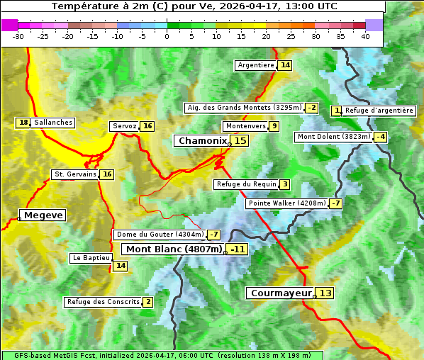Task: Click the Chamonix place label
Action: pyautogui.click(x=202, y=141)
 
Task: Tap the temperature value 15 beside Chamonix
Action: pyautogui.click(x=240, y=141)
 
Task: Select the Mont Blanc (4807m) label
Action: pyautogui.click(x=174, y=249)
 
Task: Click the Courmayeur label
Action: pyautogui.click(x=281, y=293)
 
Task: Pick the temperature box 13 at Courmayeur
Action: pyautogui.click(x=325, y=293)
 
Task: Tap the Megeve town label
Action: pyautogui.click(x=43, y=215)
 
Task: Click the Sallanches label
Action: pyautogui.click(x=53, y=123)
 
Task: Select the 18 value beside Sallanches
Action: pyautogui.click(x=23, y=123)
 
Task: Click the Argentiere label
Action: pyautogui.click(x=256, y=65)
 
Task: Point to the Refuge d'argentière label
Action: pyautogui.click(x=379, y=111)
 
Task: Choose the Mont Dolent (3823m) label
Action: pyautogui.click(x=334, y=137)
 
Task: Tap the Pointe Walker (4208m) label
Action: pyautogui.click(x=286, y=203)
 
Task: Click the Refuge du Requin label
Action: pyautogui.click(x=246, y=184)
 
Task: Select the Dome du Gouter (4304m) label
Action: pyautogui.click(x=160, y=235)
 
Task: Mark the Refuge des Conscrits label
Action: pyautogui.click(x=103, y=302)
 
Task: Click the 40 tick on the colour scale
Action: pyautogui.click(x=365, y=36)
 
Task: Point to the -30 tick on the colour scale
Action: pyautogui.click(x=18, y=36)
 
